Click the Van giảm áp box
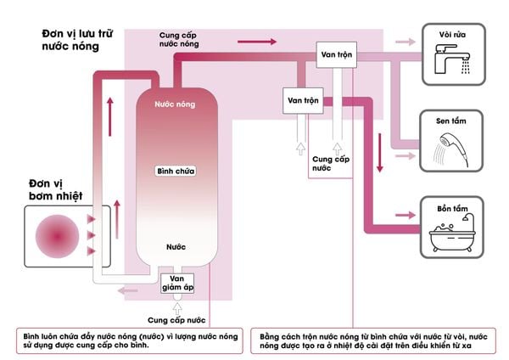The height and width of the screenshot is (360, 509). click(177, 281)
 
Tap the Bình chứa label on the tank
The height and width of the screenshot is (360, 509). click(176, 171)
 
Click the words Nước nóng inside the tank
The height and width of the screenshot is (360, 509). click(175, 104)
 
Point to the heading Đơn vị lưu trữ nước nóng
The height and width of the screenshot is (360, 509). click(71, 39)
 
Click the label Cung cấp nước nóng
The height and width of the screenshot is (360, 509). click(182, 40)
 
